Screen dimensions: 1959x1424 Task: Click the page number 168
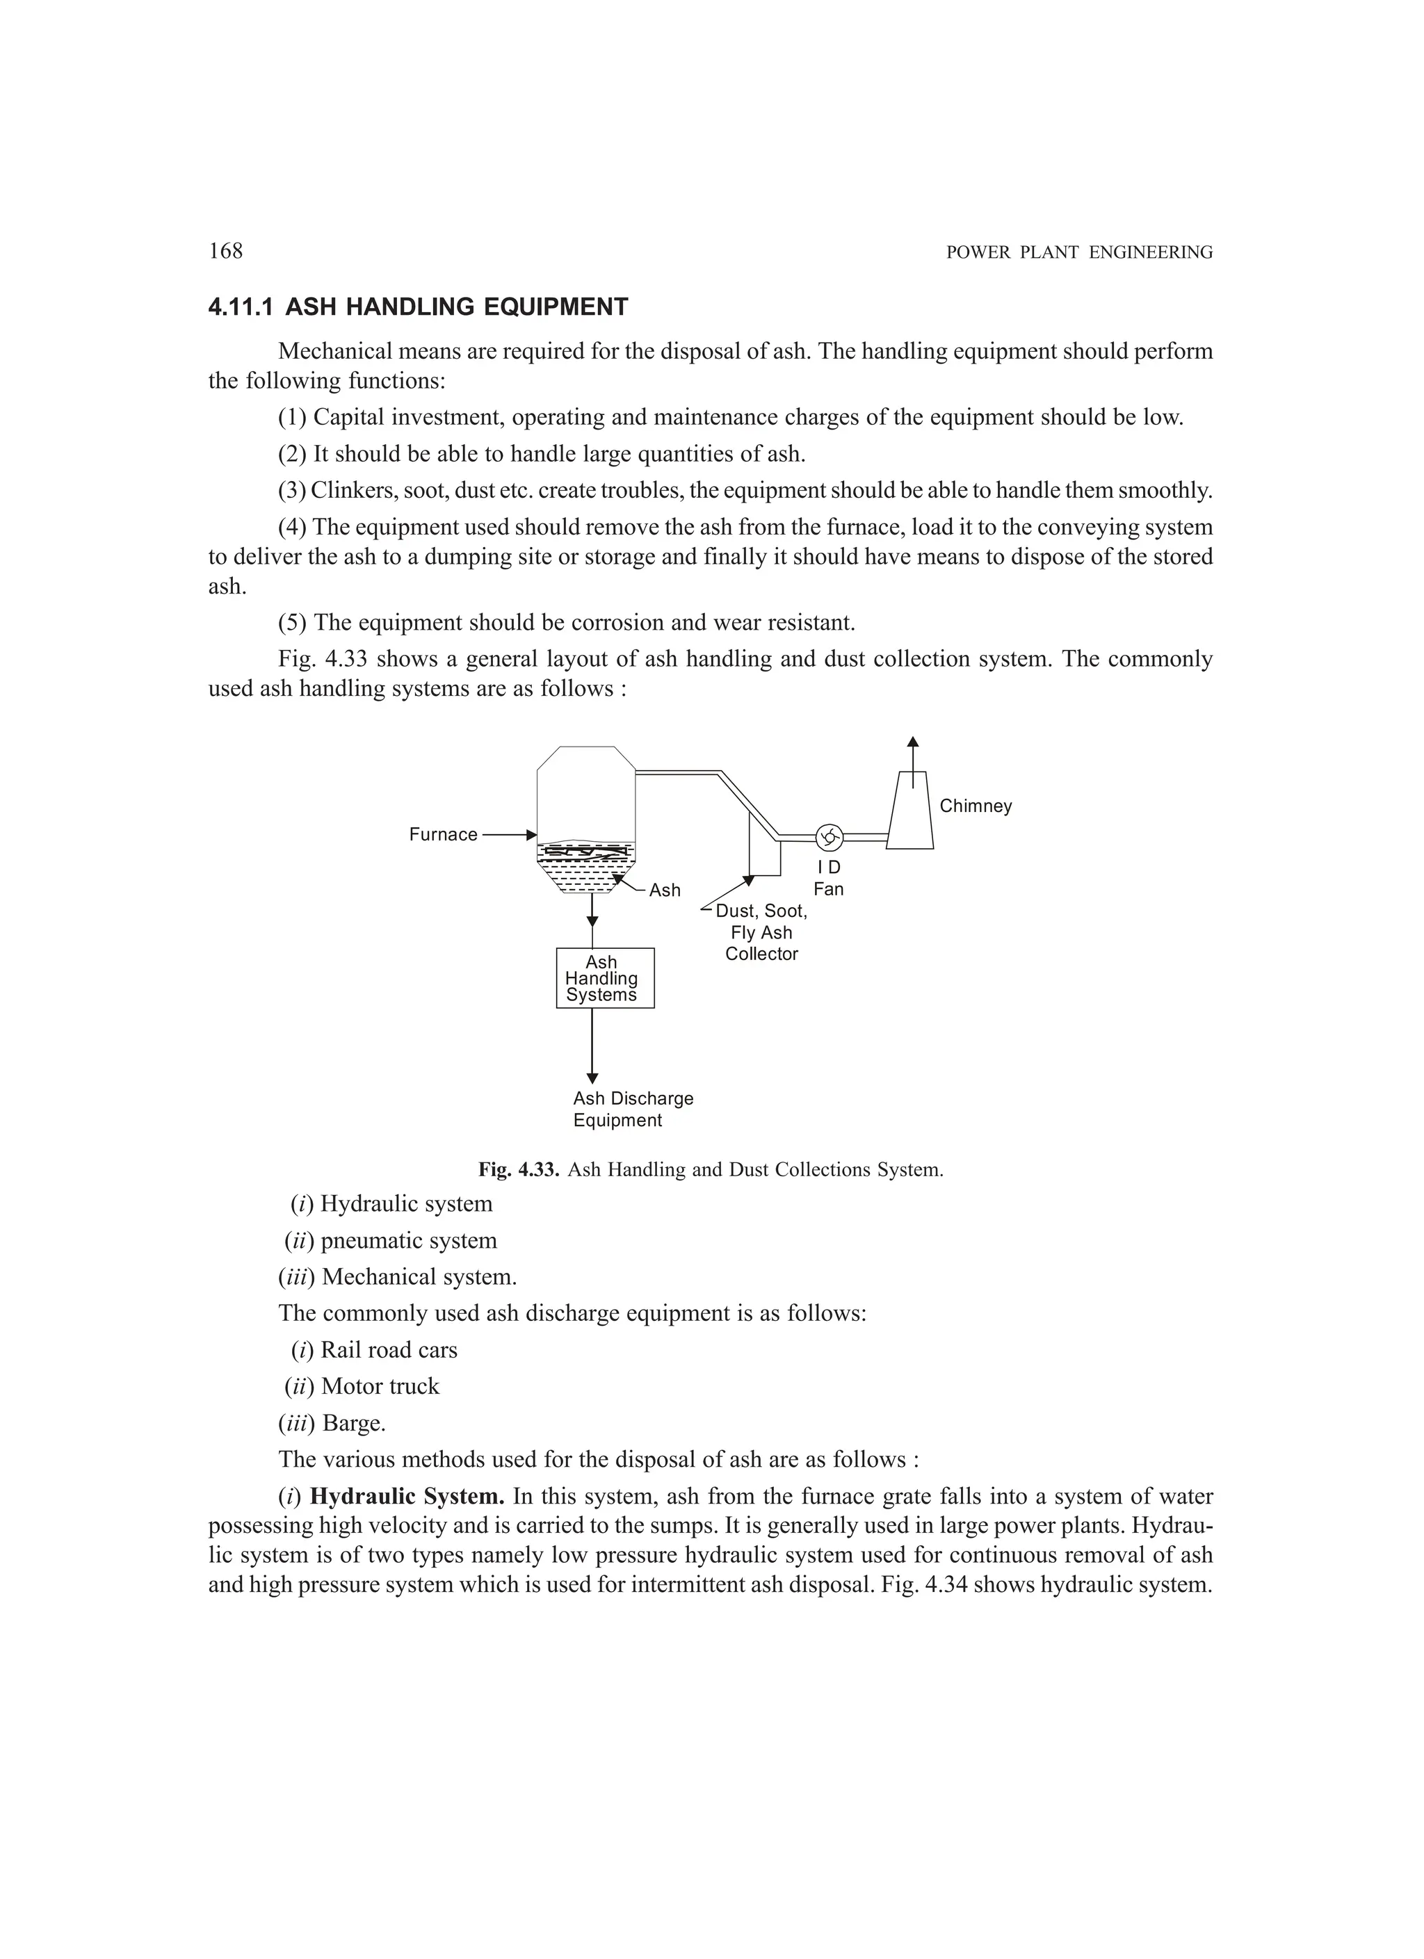225,252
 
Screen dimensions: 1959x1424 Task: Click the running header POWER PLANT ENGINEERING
1079,253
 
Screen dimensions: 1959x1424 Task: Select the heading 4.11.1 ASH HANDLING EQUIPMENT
418,307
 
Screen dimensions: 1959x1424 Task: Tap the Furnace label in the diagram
444,834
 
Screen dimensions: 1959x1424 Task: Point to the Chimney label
976,806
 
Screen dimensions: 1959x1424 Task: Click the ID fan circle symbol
829,836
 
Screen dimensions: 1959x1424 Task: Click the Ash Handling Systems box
604,978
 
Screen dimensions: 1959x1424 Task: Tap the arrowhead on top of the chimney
912,742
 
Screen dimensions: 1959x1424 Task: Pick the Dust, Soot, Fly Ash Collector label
761,933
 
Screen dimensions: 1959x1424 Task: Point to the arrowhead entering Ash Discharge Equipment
592,1078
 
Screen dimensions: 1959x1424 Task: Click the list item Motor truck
380,1386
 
